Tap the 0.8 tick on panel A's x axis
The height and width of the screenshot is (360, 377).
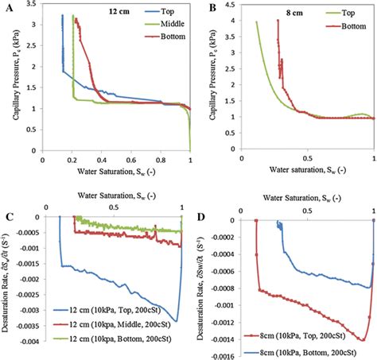pos(161,160)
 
